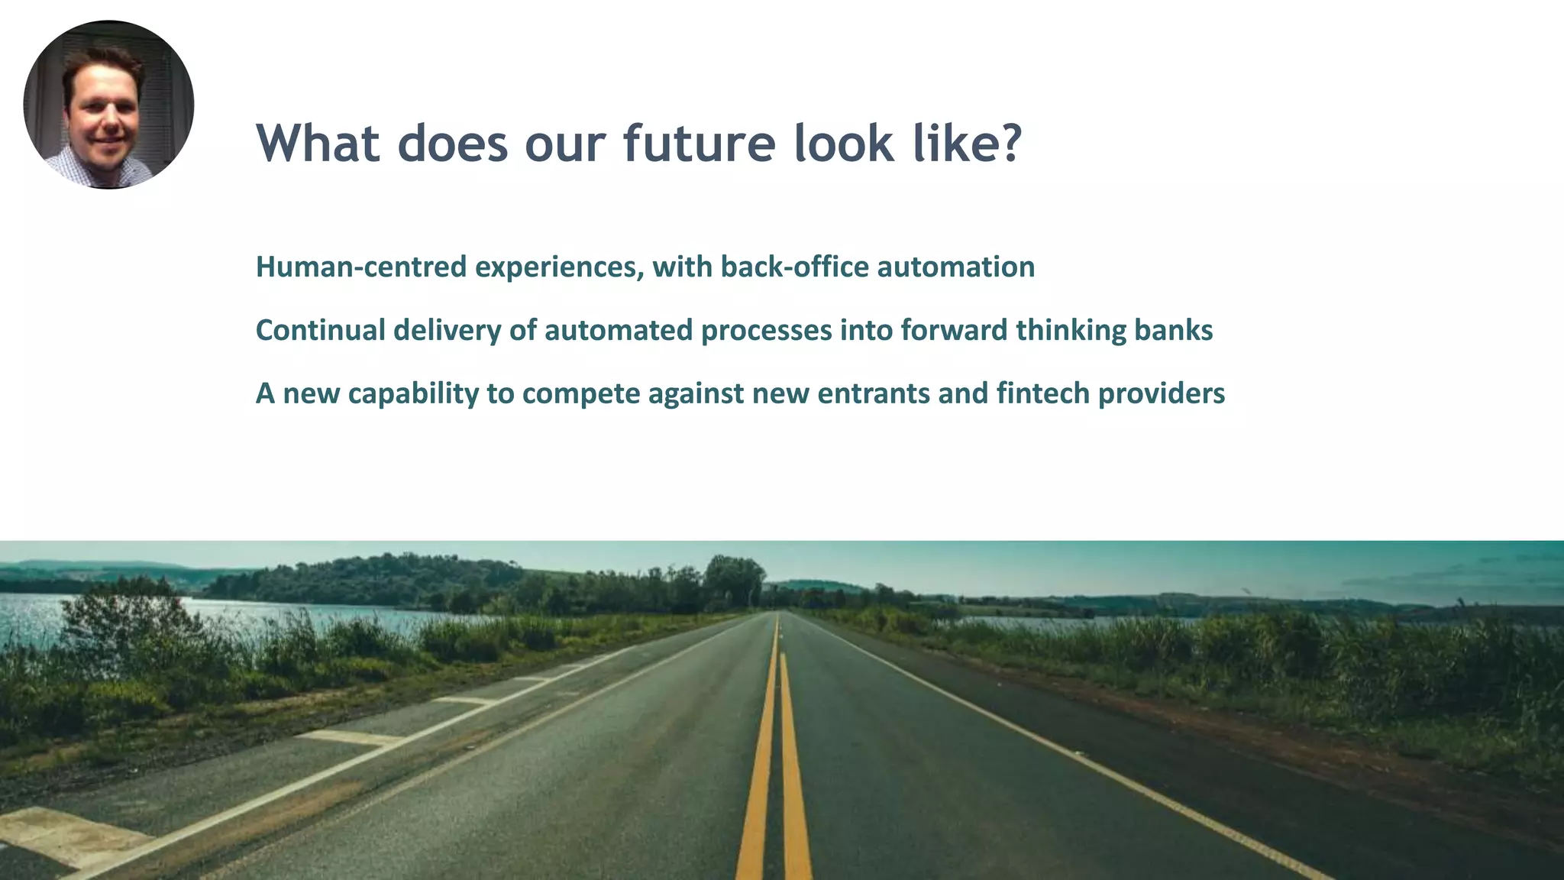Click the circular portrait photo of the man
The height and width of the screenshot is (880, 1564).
pyautogui.click(x=108, y=105)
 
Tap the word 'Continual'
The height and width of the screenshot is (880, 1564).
pyautogui.click(x=320, y=331)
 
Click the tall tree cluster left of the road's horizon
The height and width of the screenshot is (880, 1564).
pyautogui.click(x=733, y=581)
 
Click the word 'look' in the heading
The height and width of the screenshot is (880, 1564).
pyautogui.click(x=843, y=143)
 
